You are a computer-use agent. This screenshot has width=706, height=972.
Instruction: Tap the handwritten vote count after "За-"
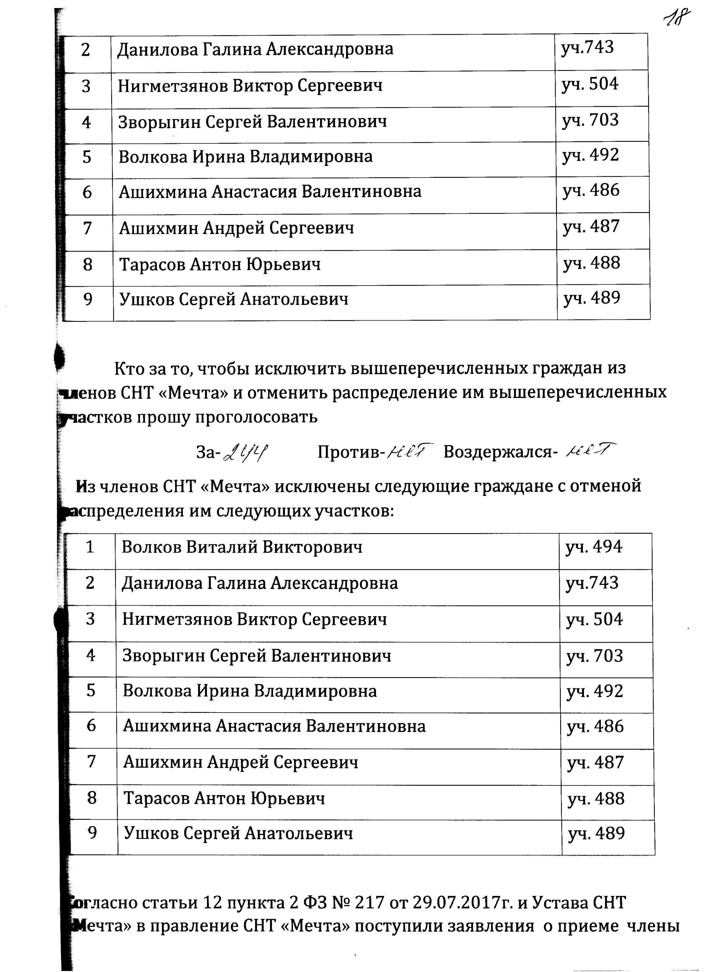click(245, 452)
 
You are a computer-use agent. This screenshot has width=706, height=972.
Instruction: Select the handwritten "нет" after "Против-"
click(410, 451)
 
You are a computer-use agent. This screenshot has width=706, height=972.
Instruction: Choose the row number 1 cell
click(90, 547)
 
